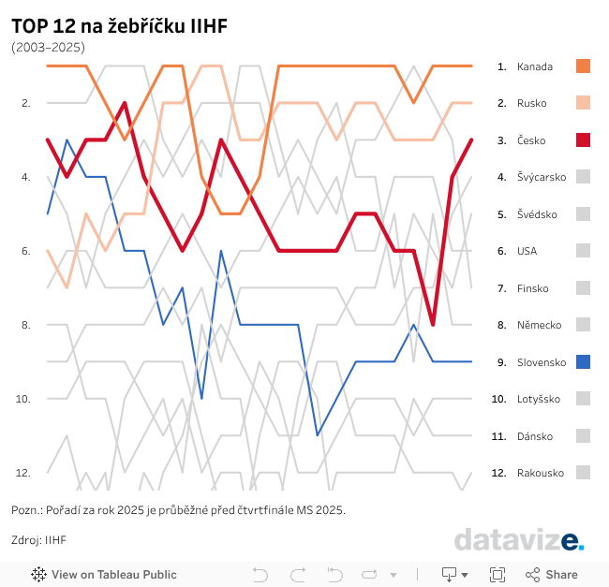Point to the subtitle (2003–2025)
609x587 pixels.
pos(48,46)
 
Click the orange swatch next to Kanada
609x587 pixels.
pos(583,66)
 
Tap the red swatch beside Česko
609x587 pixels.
pos(583,139)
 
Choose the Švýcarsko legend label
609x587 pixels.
pos(542,177)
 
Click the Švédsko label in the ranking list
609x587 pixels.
pos(537,214)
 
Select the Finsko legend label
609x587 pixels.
pos(533,288)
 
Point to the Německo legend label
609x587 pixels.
pos(539,325)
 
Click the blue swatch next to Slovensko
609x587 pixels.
pos(583,361)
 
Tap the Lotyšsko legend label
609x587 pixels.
pos(539,399)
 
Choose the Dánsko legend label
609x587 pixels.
pos(535,436)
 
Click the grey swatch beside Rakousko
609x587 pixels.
pos(583,473)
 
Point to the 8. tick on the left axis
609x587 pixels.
pos(25,325)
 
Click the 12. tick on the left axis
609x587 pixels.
pos(23,473)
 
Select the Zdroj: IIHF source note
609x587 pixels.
pos(38,540)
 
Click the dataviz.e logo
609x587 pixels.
pos(519,540)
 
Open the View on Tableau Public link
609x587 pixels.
pos(104,575)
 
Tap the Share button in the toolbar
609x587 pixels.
pos(552,575)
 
